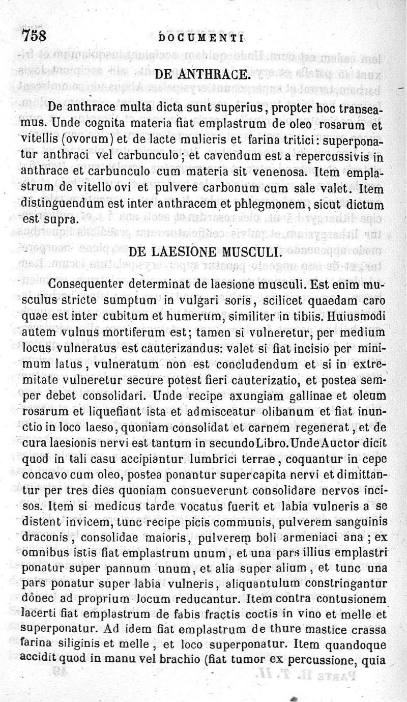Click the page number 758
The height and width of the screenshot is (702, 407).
34,36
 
